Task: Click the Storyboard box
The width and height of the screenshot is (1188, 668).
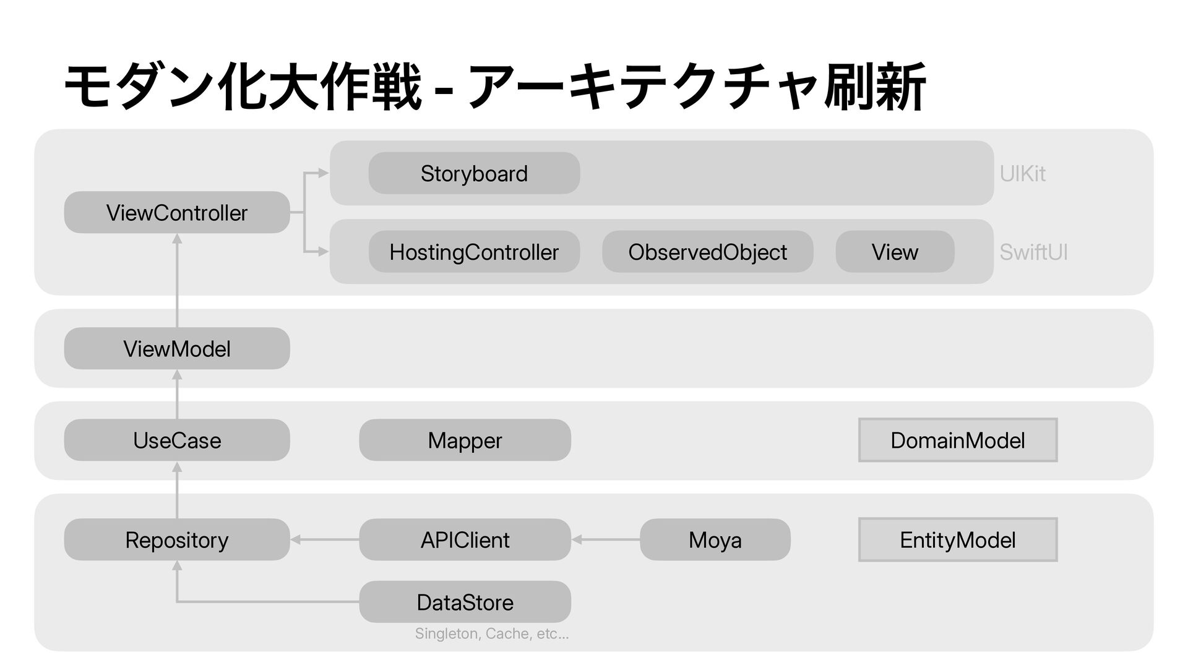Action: click(x=474, y=173)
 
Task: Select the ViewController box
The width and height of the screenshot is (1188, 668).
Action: click(x=177, y=212)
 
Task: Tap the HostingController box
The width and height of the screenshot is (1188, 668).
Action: click(x=474, y=252)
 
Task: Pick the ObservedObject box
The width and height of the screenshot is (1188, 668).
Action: click(x=707, y=252)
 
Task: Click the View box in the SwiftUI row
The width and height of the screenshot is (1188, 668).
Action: click(x=895, y=252)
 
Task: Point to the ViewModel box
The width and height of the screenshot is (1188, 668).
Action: click(x=177, y=348)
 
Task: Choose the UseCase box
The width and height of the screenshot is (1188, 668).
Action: click(x=177, y=440)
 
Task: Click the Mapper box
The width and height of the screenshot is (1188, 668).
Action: click(x=465, y=440)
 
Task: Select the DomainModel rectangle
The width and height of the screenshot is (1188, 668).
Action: click(x=958, y=440)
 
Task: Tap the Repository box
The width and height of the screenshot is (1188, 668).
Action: click(x=177, y=539)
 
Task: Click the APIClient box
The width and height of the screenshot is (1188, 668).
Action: click(x=465, y=539)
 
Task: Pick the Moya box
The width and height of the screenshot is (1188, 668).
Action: click(x=715, y=539)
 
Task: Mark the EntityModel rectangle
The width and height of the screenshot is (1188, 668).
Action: click(x=958, y=539)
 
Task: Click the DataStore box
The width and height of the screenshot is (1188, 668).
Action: click(x=465, y=602)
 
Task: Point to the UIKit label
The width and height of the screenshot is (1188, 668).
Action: click(x=1022, y=174)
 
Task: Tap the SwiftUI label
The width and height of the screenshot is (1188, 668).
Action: click(x=1033, y=252)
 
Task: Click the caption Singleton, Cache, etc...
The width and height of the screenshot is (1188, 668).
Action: click(x=492, y=633)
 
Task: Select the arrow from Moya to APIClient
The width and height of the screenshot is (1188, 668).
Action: click(x=606, y=540)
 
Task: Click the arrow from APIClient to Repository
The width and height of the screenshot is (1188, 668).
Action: click(x=325, y=540)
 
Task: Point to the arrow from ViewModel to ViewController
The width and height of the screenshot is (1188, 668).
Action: click(x=177, y=280)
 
